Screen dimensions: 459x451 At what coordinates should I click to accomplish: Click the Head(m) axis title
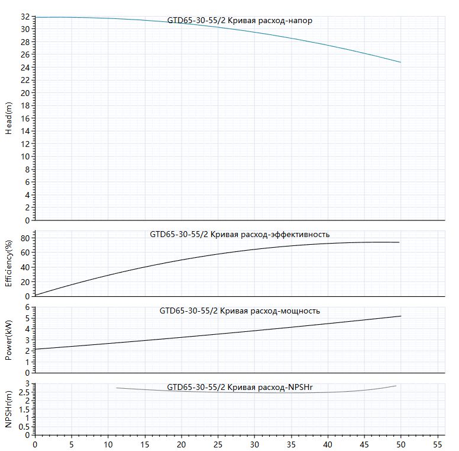point(9,118)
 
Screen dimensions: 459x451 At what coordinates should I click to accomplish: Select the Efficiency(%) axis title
point(9,263)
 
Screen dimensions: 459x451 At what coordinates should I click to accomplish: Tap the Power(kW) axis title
point(9,340)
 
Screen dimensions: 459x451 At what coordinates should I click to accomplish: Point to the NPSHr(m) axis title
point(9,409)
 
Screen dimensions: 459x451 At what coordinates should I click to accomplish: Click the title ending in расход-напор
point(240,21)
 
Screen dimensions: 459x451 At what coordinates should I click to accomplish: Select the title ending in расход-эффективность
point(240,234)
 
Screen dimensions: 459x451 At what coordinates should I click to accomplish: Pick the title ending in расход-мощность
point(240,311)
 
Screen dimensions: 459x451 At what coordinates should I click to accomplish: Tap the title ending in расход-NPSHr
point(240,387)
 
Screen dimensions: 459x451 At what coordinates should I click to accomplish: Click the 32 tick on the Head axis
point(25,17)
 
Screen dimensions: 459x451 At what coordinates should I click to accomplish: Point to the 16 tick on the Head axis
point(25,118)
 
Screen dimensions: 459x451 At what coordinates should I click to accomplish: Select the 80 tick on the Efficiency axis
point(25,238)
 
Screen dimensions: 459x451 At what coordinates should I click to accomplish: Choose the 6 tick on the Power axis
point(28,308)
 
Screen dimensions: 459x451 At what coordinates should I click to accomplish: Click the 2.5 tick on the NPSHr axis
point(24,392)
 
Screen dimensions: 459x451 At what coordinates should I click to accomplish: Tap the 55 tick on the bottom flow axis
point(437,444)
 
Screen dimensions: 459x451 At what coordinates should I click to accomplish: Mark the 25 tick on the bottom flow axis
point(218,444)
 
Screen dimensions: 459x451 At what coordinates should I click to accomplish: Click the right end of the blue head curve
point(401,62)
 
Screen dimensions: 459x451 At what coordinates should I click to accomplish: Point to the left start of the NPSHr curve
point(116,388)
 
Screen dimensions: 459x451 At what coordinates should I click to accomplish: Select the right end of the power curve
point(401,316)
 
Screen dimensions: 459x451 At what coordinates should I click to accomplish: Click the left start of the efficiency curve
point(35,295)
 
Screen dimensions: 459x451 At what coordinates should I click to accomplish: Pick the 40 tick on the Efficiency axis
point(25,267)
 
